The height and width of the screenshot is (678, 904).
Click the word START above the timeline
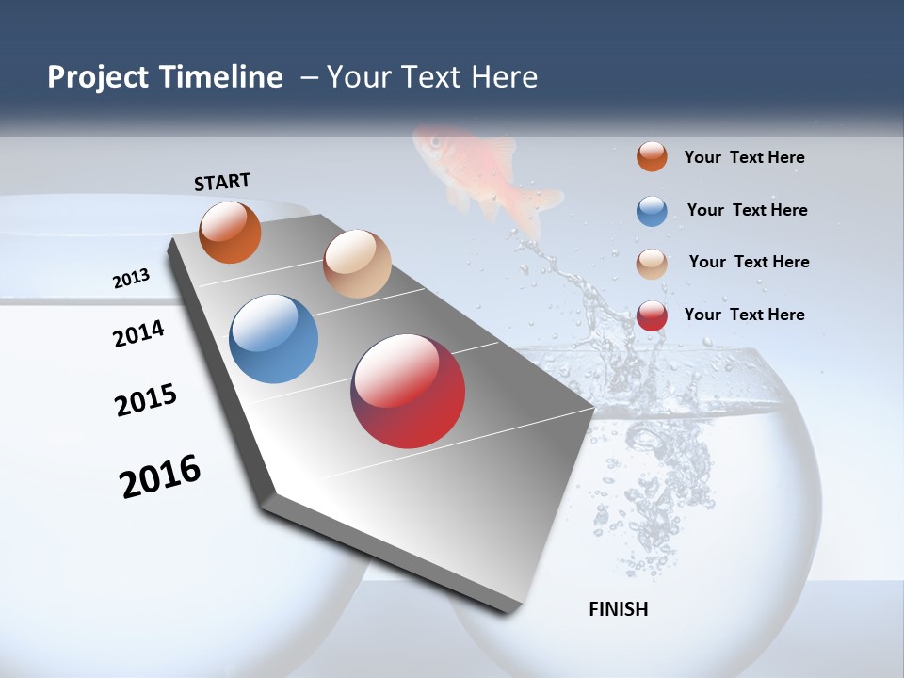pyautogui.click(x=222, y=182)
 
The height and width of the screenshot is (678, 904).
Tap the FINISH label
pyautogui.click(x=619, y=609)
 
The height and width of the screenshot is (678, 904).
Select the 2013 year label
pyautogui.click(x=132, y=279)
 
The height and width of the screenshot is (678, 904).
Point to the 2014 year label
pyautogui.click(x=139, y=333)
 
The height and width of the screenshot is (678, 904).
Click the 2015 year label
pyautogui.click(x=146, y=401)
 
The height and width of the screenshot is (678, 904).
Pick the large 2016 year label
pyautogui.click(x=161, y=476)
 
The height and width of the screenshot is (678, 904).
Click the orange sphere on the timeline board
pyautogui.click(x=230, y=232)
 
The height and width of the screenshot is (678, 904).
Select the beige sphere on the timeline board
pyautogui.click(x=357, y=264)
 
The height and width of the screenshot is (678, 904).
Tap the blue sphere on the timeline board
pyautogui.click(x=273, y=339)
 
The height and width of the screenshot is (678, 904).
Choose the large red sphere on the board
pyautogui.click(x=408, y=391)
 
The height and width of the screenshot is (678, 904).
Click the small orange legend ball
pyautogui.click(x=652, y=156)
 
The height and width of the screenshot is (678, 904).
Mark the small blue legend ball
pyautogui.click(x=652, y=211)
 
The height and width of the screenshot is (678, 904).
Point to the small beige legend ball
pyautogui.click(x=652, y=264)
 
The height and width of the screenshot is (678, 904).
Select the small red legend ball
pyautogui.click(x=652, y=315)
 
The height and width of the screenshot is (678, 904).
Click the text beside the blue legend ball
pyautogui.click(x=747, y=210)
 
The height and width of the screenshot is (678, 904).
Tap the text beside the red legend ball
pyautogui.click(x=744, y=315)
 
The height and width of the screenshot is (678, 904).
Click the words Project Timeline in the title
pyautogui.click(x=165, y=77)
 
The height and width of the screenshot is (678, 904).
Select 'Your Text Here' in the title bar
pyautogui.click(x=432, y=77)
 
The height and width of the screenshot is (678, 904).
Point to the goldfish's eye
pyautogui.click(x=436, y=142)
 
